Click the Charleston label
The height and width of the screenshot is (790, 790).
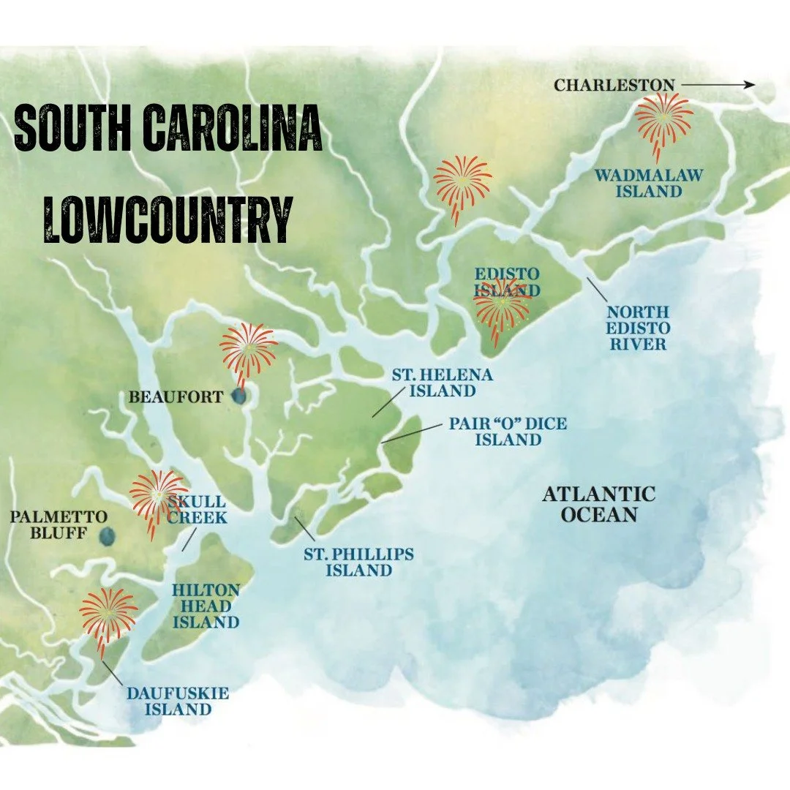(x=614, y=86)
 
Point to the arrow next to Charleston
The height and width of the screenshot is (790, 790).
(x=718, y=85)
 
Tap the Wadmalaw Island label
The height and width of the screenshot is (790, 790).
(x=648, y=183)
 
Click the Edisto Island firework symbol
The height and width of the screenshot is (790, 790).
(x=502, y=308)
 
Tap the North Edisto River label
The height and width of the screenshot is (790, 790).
(x=638, y=328)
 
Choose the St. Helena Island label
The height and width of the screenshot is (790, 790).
(x=442, y=383)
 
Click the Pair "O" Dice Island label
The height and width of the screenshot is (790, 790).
(x=508, y=432)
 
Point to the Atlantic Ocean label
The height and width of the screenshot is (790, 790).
(x=598, y=505)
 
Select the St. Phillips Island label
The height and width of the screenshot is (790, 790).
(x=358, y=562)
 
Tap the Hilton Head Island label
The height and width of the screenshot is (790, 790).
(x=206, y=606)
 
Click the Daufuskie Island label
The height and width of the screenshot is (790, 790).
(x=178, y=701)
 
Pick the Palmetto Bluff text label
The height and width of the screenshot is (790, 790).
(x=59, y=524)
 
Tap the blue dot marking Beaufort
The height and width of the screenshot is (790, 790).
(x=238, y=396)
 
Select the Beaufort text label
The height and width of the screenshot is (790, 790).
(x=176, y=398)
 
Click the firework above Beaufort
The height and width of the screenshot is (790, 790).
(x=247, y=349)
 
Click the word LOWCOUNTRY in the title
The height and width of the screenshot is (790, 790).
(x=168, y=218)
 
